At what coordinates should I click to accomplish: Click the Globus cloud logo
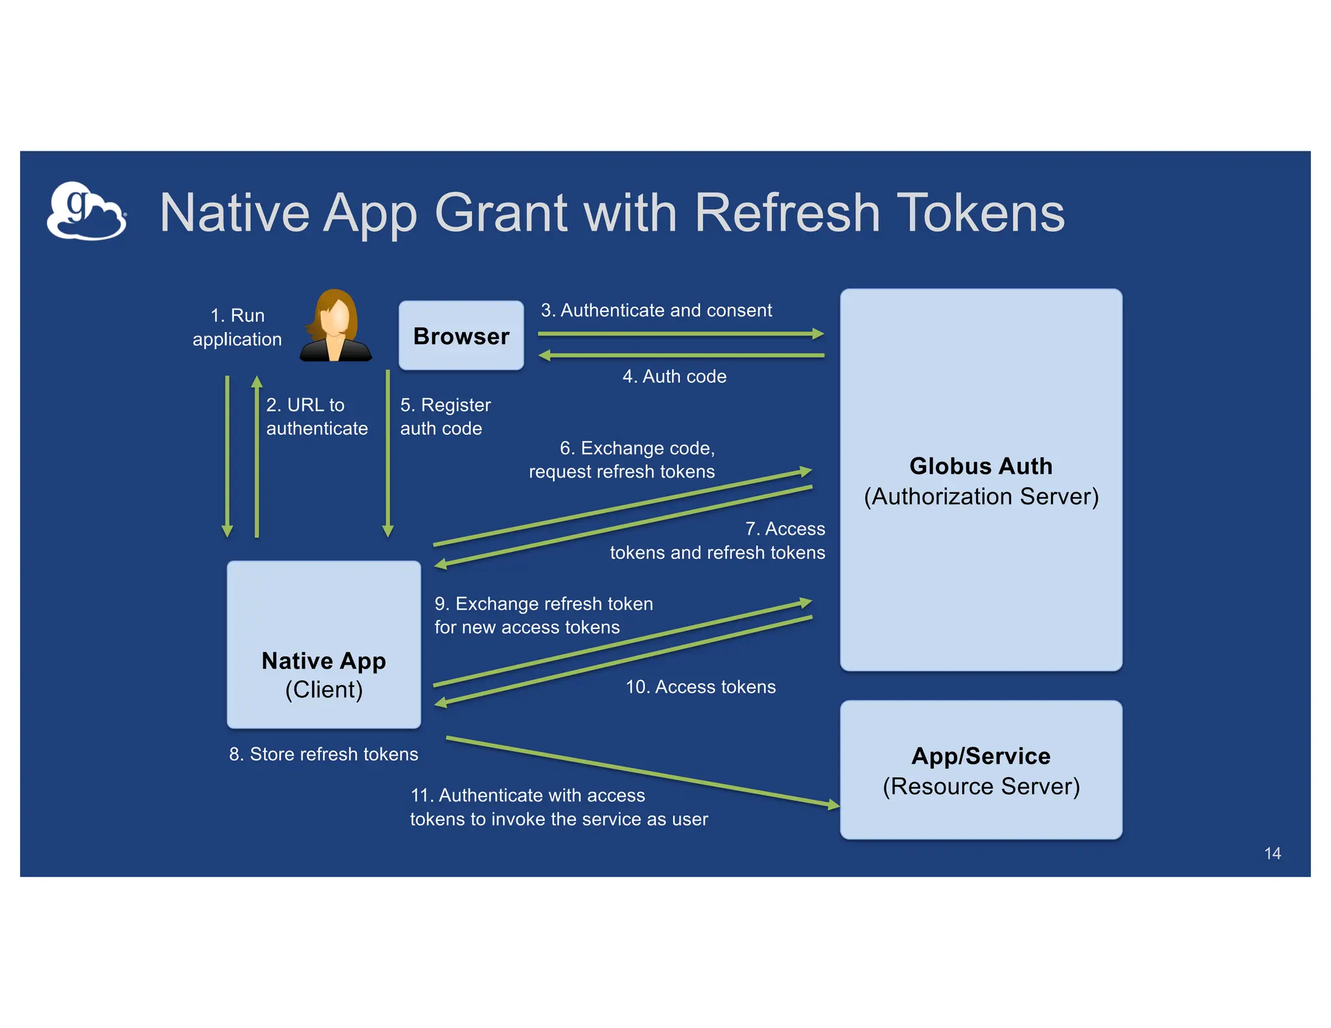86,211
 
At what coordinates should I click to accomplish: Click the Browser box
461,335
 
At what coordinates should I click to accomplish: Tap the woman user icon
335,326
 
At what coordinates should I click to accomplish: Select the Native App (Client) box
324,644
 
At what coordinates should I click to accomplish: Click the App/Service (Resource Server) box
980,769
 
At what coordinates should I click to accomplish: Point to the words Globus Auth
980,466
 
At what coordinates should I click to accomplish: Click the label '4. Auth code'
674,376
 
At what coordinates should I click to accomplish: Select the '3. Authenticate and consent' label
656,310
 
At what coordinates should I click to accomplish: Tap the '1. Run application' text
237,327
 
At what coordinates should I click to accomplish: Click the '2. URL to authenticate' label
317,417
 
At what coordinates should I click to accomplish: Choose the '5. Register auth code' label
445,417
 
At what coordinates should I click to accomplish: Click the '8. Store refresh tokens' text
323,754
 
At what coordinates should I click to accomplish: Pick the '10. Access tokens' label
700,687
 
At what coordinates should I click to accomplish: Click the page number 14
1272,853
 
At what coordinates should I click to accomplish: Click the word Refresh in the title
786,212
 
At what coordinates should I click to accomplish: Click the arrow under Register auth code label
388,455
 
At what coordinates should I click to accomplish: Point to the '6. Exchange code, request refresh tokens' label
623,459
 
